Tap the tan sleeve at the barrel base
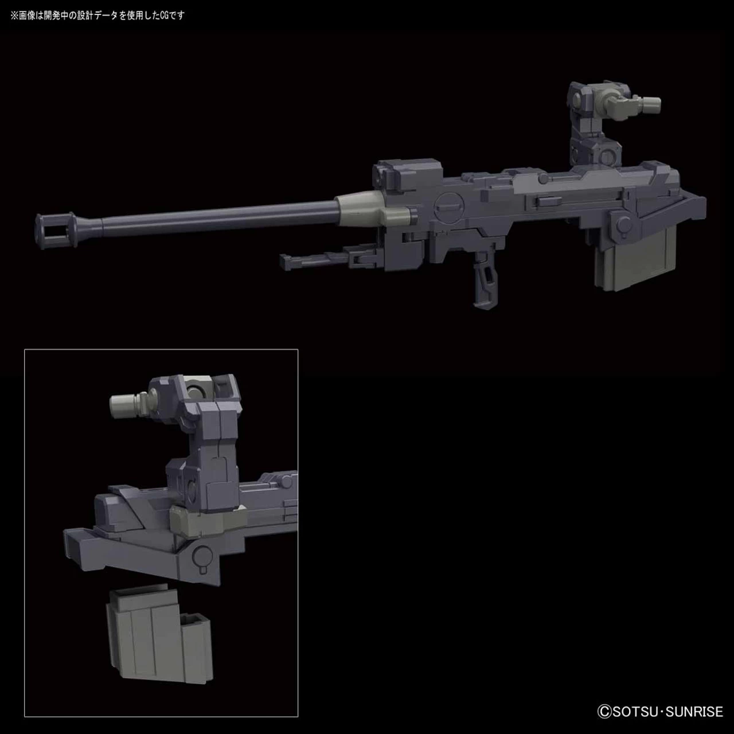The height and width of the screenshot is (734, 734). coord(367,206)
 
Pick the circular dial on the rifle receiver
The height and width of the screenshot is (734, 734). coord(447,206)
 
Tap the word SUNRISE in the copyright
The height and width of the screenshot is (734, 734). coord(696,712)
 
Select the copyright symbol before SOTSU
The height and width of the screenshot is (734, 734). coord(604,712)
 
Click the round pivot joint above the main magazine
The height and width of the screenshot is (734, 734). coord(619,221)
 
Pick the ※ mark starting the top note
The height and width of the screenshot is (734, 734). coord(14,15)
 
